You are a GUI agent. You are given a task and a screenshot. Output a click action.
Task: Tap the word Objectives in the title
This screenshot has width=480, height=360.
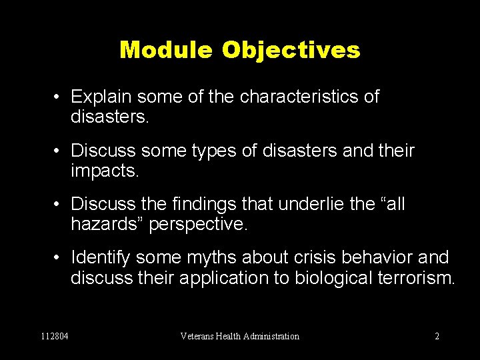click(x=291, y=49)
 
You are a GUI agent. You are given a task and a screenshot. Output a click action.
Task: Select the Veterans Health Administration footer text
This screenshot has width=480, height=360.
click(x=240, y=337)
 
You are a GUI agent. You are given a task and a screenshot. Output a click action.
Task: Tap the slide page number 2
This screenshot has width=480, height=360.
click(x=437, y=337)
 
